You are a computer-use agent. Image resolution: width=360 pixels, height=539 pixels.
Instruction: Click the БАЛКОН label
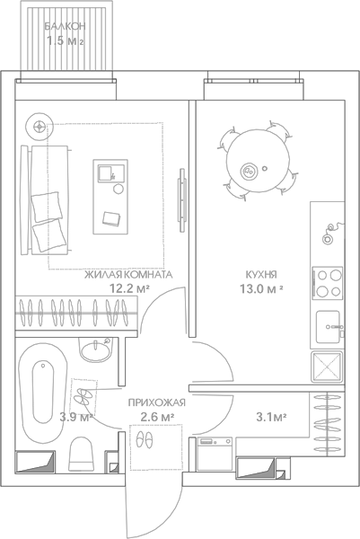65,26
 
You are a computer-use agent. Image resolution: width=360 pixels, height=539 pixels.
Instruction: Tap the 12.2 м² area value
128,288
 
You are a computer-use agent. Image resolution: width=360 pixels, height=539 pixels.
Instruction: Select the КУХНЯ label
261,275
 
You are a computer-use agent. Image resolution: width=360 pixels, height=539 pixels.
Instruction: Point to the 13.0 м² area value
261,288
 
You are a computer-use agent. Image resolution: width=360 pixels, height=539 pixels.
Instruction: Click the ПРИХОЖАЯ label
156,402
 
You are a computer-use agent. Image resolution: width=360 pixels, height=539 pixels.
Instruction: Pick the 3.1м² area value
271,417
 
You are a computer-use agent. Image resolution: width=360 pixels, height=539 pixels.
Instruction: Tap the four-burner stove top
328,283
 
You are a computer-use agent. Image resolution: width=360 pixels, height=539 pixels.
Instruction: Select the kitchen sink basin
329,327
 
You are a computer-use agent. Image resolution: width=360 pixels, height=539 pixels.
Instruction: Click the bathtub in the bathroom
43,393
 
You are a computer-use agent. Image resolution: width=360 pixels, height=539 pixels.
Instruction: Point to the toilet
81,454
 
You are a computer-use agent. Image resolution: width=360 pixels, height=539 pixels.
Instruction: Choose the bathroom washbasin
96,349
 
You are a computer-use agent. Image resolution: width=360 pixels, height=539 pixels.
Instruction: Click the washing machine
215,454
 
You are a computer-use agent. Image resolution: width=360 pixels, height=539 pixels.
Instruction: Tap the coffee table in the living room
110,197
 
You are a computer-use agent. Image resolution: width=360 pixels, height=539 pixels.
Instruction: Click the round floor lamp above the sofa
40,127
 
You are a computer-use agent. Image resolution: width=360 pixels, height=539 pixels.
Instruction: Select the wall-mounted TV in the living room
181,200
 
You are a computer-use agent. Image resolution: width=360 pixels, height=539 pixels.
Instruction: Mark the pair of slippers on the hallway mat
145,439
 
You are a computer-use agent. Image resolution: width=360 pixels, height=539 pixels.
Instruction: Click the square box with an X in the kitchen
327,367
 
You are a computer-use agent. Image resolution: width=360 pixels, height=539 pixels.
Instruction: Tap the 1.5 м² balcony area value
65,41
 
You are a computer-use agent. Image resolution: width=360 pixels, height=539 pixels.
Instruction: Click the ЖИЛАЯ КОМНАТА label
128,275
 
